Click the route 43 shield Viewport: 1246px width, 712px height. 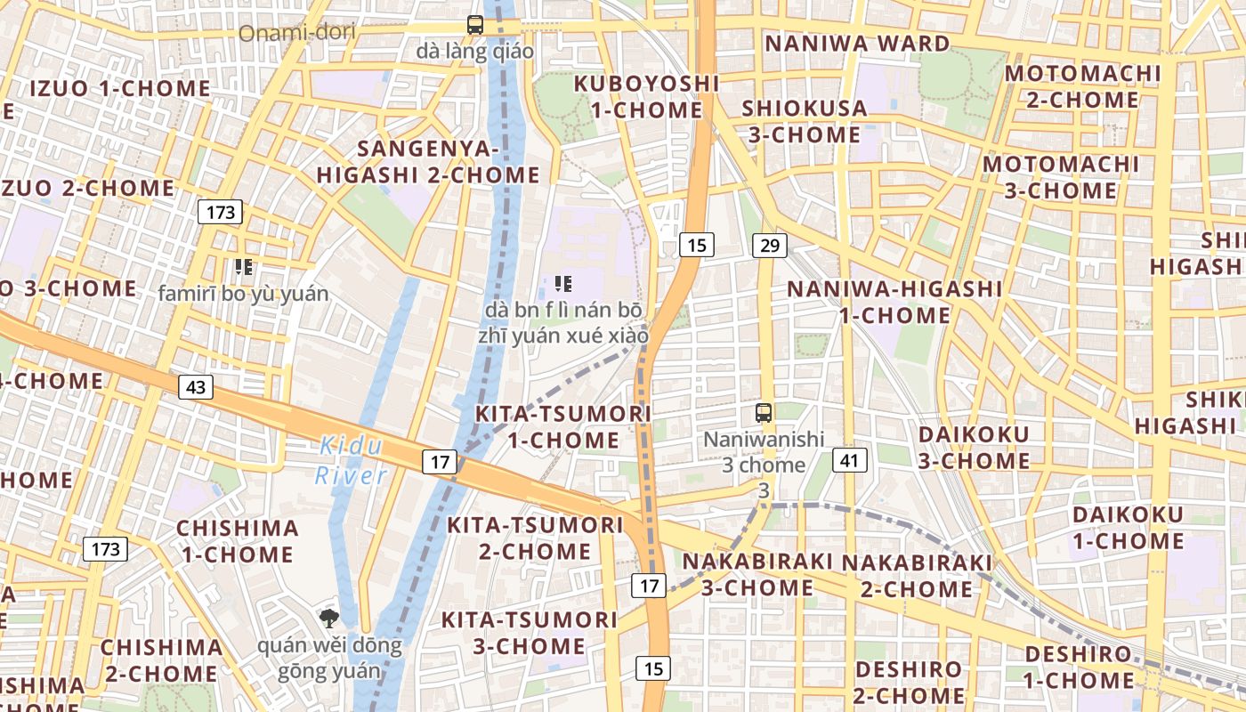click(x=196, y=387)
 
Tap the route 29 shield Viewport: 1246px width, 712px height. click(x=769, y=245)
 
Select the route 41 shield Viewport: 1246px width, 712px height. click(x=850, y=460)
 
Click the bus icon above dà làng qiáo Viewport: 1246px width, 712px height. click(x=475, y=25)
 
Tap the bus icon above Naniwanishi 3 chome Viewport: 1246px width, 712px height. click(x=764, y=412)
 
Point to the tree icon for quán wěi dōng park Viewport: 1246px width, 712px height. click(x=329, y=619)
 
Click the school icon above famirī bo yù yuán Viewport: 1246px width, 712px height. click(x=244, y=266)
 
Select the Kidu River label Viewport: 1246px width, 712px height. click(x=351, y=460)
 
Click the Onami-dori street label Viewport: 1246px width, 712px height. click(x=297, y=33)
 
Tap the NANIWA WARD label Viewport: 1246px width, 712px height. click(x=858, y=44)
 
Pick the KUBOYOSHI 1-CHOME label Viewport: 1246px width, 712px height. click(x=646, y=97)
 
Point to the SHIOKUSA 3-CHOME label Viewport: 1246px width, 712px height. click(x=804, y=121)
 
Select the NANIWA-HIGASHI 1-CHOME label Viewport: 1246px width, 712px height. click(x=894, y=302)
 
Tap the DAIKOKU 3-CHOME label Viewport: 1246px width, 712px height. click(x=974, y=448)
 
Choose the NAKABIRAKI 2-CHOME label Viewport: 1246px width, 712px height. click(x=917, y=576)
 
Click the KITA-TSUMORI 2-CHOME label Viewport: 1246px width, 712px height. click(x=535, y=538)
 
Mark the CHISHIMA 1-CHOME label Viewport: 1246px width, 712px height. click(x=237, y=541)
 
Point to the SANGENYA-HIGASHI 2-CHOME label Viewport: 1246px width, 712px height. click(x=428, y=161)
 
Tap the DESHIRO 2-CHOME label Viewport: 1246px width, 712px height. click(x=909, y=682)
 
